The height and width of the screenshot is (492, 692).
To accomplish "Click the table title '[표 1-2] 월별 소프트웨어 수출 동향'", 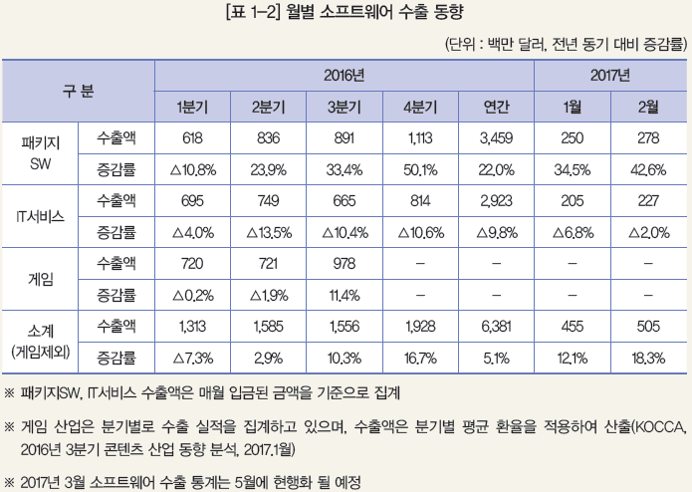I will click(x=346, y=14).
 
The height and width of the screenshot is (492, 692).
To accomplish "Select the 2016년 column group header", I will click(x=344, y=76).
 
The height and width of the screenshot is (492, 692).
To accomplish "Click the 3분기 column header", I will click(x=344, y=108).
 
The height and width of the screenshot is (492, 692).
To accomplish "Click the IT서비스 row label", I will click(x=41, y=216).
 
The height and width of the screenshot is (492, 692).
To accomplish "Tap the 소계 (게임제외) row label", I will click(x=41, y=341).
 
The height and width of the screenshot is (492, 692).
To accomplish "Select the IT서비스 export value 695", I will click(x=192, y=201).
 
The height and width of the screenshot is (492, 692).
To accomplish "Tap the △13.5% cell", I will click(x=268, y=233).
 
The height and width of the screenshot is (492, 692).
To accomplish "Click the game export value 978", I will click(x=344, y=264).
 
